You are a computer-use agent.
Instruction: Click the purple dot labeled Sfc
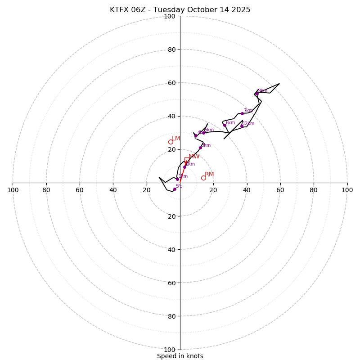pos(175,189)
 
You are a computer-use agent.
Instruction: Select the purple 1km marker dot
pos(177,179)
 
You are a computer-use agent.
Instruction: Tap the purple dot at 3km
pos(200,148)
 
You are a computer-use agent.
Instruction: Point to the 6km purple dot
pos(225,125)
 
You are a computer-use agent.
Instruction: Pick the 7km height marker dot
pos(242,113)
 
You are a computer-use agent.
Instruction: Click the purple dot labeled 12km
pos(242,126)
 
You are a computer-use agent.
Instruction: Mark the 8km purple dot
pos(256,94)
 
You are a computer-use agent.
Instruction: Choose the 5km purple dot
pos(203,133)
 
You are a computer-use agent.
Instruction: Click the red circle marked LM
pos(171,142)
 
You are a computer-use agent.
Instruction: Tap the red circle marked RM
pos(203,178)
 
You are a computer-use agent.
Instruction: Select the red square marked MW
pos(187,160)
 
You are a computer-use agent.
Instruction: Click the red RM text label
pos(209,174)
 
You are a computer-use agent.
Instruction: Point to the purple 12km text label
pos(248,123)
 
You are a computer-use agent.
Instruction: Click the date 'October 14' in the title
pos(206,10)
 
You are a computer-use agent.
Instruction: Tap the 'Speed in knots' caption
pos(180,356)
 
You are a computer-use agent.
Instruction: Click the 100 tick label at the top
pos(170,16)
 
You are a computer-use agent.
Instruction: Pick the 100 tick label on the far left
pos(13,190)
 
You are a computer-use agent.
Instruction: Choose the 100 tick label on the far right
pos(347,190)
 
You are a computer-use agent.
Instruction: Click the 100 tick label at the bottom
pos(170,350)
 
